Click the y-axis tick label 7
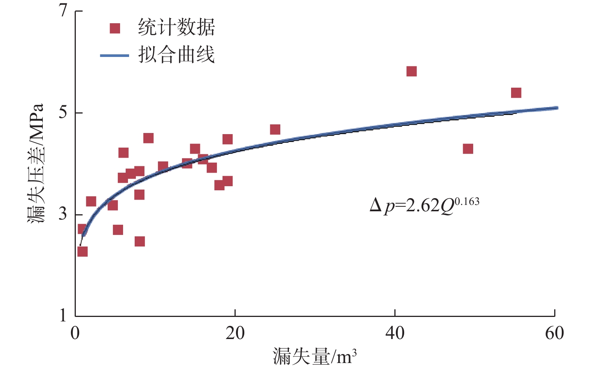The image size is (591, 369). pos(63,10)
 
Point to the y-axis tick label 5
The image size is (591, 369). pos(63,112)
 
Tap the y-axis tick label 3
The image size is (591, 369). pos(63,214)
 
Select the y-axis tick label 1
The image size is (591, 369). pos(63,316)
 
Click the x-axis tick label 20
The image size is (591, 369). pos(235,333)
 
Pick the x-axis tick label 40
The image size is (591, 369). pos(395,333)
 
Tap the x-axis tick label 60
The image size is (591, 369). pos(554,333)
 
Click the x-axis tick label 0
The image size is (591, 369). pos(75,333)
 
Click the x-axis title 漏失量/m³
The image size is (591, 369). pos(314,356)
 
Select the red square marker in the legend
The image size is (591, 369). pos(115,28)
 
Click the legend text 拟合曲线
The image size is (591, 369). pos(176,55)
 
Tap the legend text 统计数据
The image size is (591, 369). pos(176,28)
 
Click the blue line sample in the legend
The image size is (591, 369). pos(114,55)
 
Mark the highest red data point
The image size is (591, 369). pos(412,71)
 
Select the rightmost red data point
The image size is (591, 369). pos(516,93)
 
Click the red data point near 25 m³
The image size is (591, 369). pos(275,130)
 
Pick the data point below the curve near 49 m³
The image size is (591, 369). pos(468,149)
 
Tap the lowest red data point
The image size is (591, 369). pos(83,251)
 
